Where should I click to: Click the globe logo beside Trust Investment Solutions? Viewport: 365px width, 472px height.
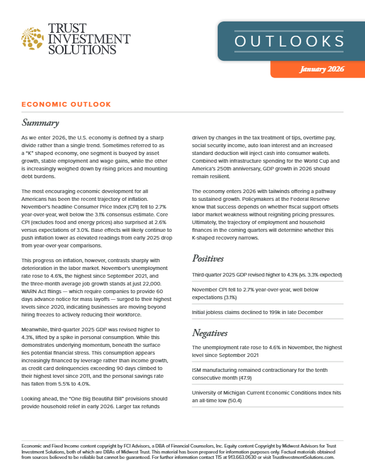[32, 39]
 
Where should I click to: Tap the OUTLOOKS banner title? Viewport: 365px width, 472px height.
[288, 42]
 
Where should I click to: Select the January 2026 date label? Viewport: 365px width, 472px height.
[320, 70]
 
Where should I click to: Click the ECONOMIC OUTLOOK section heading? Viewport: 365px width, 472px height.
[66, 104]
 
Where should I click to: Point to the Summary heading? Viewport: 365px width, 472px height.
[40, 123]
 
